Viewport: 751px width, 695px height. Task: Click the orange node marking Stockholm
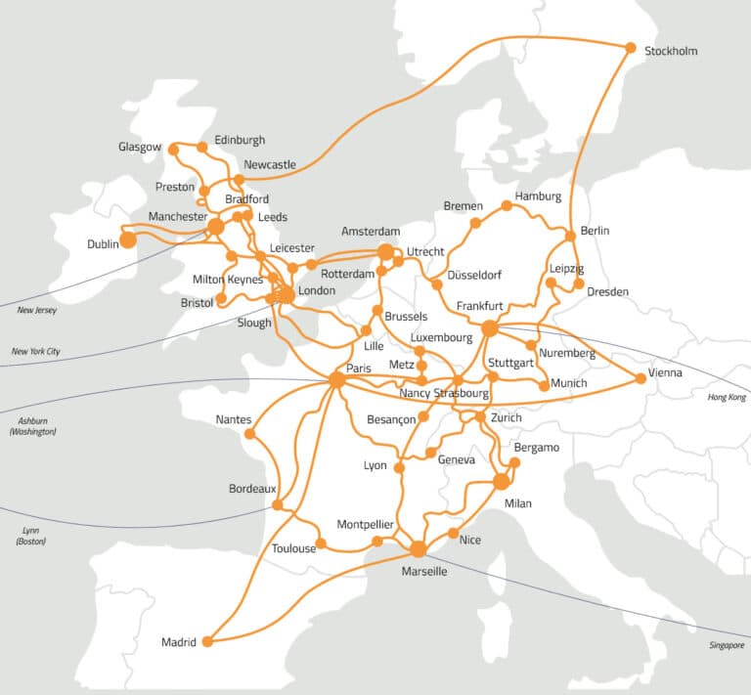(631, 48)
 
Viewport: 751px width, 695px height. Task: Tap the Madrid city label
(179, 642)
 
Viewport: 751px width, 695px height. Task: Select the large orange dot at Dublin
(127, 239)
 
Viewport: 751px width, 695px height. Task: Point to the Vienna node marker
(641, 377)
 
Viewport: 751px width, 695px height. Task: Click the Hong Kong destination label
(726, 398)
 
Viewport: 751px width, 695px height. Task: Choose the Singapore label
(728, 645)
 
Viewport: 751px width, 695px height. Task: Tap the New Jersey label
(37, 310)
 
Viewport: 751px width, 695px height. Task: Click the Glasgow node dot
(173, 150)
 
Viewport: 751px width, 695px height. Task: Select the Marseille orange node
(419, 549)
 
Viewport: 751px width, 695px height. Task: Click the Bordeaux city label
(252, 488)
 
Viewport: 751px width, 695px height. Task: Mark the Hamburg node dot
(507, 205)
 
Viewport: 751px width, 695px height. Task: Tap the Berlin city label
(595, 231)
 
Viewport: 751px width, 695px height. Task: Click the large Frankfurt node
(490, 328)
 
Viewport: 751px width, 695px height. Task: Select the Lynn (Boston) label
(30, 535)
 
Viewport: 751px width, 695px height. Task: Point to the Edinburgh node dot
(202, 148)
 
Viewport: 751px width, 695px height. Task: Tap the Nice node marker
(452, 534)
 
